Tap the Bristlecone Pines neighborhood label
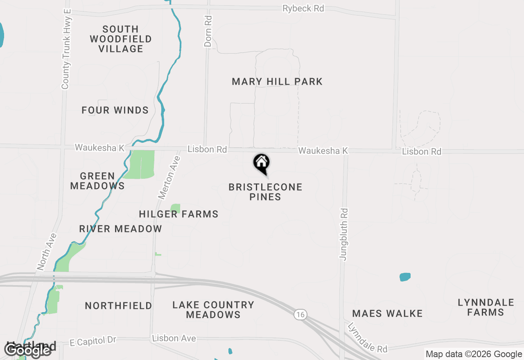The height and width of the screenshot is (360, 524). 265,192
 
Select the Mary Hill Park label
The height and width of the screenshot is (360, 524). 277,81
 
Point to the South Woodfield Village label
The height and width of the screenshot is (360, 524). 121,39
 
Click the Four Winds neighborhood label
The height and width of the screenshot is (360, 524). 115,110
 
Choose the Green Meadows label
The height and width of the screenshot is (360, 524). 97,181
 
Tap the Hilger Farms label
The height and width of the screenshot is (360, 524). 178,214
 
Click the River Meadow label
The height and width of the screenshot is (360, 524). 120,229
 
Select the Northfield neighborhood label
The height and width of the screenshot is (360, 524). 118,306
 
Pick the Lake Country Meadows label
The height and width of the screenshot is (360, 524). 213,310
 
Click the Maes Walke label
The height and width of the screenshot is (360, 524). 387,314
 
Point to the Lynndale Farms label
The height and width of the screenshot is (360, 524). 486,307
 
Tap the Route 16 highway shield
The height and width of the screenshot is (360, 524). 300,314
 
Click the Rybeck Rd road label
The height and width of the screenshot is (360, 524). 303,9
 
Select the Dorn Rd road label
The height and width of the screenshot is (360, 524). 208,32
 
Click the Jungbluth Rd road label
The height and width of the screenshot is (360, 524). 343,234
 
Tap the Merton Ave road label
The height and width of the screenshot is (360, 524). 169,178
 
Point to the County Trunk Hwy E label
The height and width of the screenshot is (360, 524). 66,48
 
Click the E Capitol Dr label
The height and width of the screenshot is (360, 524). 93,340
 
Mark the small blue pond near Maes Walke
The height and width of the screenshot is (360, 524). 405,277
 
